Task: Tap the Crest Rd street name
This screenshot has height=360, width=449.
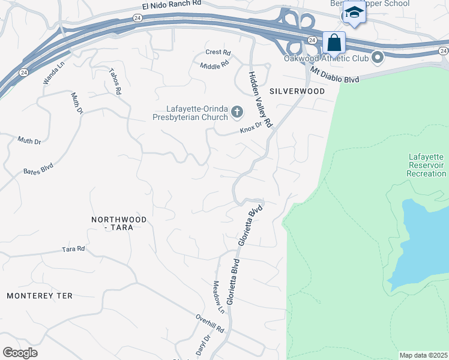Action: coord(218,52)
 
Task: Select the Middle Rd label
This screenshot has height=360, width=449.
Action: coord(215,64)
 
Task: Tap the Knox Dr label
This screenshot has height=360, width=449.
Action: coord(252,128)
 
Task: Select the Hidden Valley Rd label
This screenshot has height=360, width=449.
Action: coord(261,100)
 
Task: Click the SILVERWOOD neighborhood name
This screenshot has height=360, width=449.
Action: coord(297,91)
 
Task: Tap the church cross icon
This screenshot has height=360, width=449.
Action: coord(237,112)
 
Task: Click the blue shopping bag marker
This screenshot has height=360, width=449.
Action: coord(334,43)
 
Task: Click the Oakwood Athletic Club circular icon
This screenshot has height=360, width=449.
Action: coord(378,58)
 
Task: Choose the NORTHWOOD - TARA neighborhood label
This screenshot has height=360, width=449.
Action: coord(118,224)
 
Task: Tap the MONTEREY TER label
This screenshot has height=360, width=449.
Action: coord(40,296)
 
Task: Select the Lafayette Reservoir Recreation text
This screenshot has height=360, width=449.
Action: coord(426,164)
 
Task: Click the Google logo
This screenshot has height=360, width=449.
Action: coord(20,353)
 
